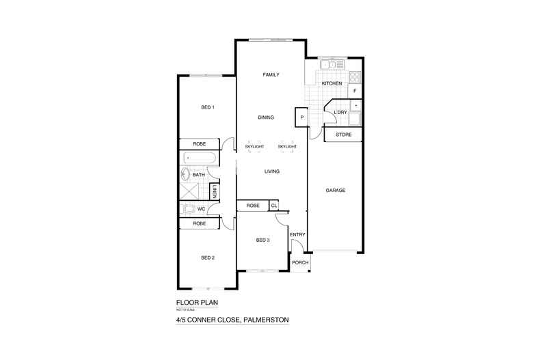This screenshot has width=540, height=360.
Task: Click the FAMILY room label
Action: tap(271, 74)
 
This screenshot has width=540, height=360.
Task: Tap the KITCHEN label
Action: tap(332, 83)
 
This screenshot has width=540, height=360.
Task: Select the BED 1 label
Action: tap(208, 107)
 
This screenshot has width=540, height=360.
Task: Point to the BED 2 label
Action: tap(208, 258)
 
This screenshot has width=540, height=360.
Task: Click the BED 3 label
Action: tap(263, 240)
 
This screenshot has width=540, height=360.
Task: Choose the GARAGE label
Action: tap(335, 190)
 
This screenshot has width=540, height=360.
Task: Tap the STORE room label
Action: tap(344, 135)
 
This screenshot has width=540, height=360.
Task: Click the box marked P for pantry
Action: tap(301, 117)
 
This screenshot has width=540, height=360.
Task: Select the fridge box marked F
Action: tap(354, 90)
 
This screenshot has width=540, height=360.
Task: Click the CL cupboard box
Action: tap(274, 205)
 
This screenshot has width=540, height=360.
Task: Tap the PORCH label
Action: tap(300, 263)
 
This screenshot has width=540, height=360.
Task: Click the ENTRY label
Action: tap(297, 235)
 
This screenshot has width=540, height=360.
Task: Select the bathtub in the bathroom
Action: tap(199, 158)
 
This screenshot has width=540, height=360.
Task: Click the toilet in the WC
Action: tap(191, 208)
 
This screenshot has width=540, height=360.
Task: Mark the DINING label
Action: tap(266, 117)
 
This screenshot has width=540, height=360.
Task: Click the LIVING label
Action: tap(273, 171)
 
